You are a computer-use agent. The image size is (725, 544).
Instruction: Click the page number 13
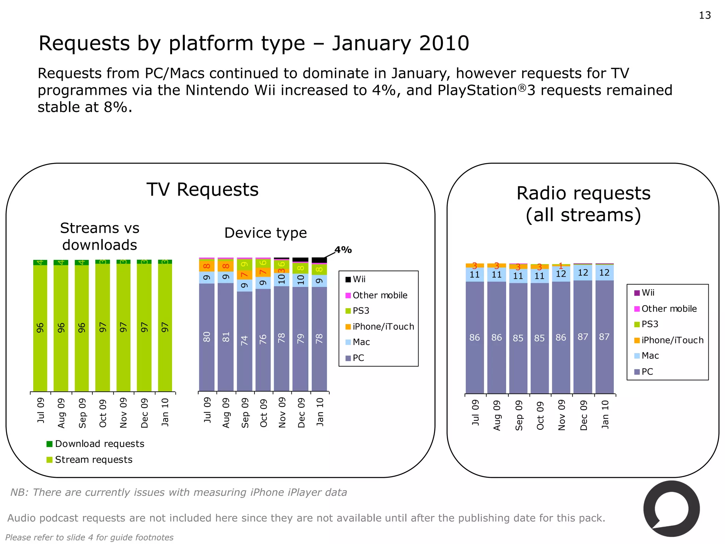tap(704, 16)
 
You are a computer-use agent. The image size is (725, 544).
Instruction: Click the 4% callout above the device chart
tap(343, 250)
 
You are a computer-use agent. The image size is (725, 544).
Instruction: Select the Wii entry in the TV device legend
tap(359, 279)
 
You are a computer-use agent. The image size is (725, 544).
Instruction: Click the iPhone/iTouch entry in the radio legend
tap(672, 340)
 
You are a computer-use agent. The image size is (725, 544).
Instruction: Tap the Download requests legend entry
tap(99, 444)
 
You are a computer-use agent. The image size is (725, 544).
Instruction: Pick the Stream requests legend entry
tap(93, 460)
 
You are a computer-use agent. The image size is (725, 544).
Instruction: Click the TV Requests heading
tap(202, 189)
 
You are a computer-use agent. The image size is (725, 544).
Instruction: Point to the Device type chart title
tap(266, 233)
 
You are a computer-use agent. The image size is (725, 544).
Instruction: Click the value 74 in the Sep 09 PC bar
tap(245, 341)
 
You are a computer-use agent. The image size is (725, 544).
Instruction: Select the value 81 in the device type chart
tap(226, 337)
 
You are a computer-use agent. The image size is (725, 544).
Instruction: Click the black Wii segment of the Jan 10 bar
tap(319, 260)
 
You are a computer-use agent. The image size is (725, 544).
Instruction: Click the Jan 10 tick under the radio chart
tap(605, 414)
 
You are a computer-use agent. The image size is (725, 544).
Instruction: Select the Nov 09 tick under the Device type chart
tap(282, 413)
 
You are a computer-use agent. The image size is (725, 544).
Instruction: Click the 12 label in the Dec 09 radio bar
tap(583, 273)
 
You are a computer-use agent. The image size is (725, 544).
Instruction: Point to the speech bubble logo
tap(671, 509)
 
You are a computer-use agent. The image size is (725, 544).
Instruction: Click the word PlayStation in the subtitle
tap(477, 90)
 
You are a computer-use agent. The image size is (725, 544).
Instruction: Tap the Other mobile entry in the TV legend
tap(379, 295)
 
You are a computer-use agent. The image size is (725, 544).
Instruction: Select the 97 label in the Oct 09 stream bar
tap(103, 327)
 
